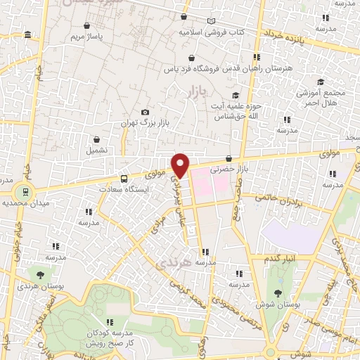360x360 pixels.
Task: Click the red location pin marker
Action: click(x=181, y=165)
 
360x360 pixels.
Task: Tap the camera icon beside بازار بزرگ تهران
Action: click(x=146, y=112)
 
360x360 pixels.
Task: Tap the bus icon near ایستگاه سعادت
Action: click(x=124, y=179)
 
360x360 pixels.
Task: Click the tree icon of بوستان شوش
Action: click(x=279, y=293)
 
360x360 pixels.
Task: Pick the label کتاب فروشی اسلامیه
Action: click(x=239, y=32)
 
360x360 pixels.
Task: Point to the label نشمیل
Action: click(x=96, y=150)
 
